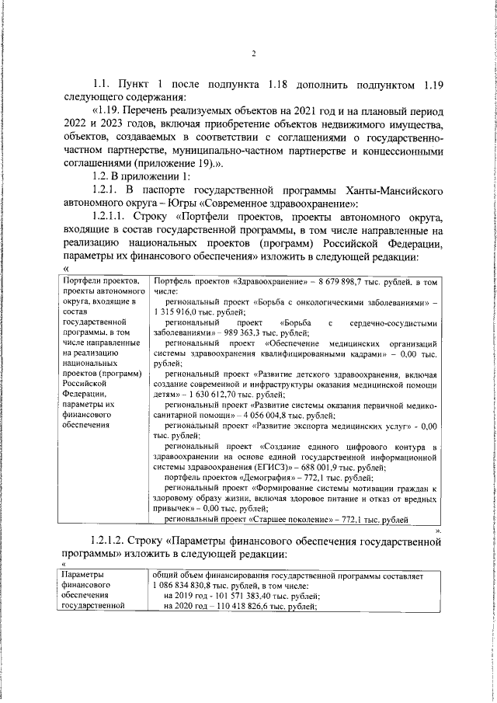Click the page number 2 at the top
(254, 53)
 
